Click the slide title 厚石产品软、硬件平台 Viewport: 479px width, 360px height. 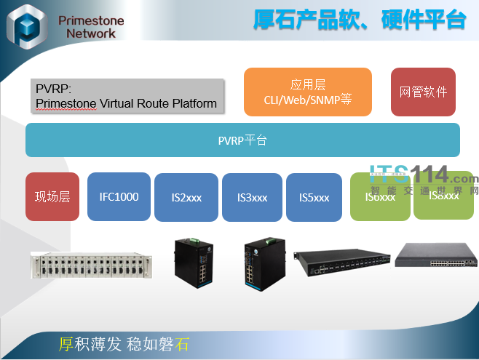360,20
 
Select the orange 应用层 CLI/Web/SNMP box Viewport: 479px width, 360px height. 307,92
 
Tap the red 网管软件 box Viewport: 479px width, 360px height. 423,92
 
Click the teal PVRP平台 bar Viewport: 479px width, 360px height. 242,140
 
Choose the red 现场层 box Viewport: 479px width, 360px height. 52,196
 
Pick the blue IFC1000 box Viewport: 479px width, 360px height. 119,196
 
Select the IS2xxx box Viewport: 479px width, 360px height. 186,197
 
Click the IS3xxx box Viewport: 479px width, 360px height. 252,197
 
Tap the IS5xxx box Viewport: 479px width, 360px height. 314,197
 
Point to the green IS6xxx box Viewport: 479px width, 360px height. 379,197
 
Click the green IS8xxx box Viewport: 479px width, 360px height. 443,195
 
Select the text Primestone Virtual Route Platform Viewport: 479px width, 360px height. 126,103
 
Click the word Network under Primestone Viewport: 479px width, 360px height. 90,33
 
